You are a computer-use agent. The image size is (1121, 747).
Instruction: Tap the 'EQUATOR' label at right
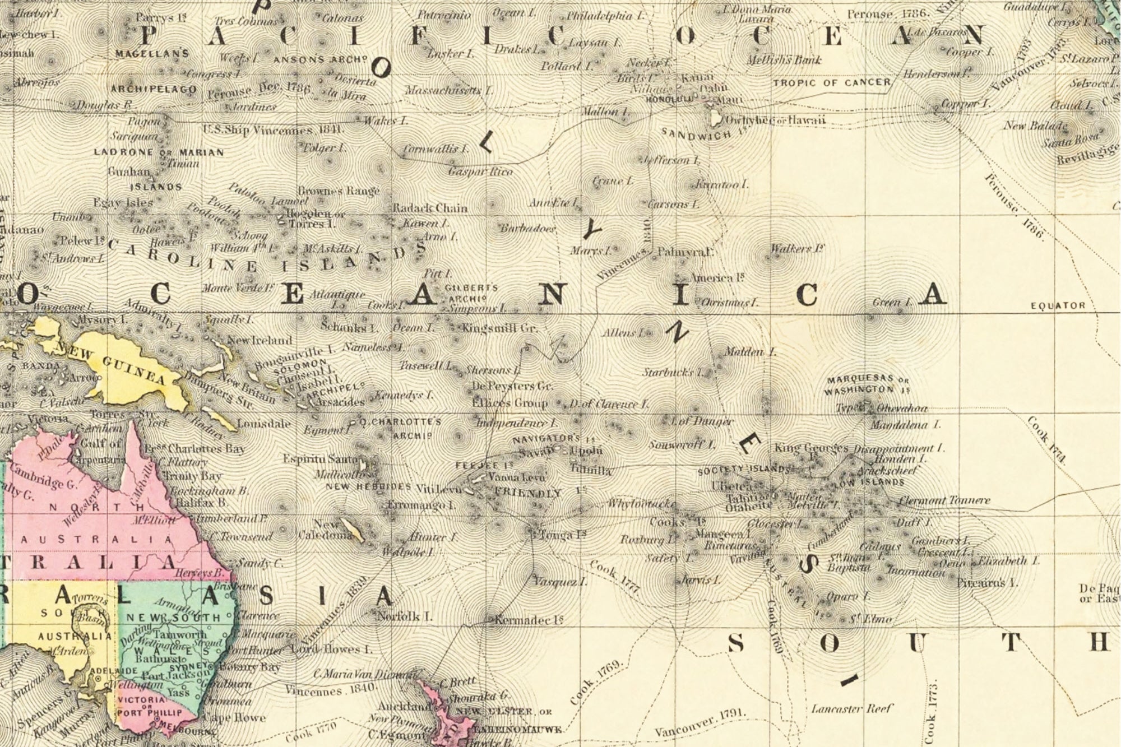(1058, 306)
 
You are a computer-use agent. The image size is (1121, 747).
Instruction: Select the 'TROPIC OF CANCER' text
(832, 83)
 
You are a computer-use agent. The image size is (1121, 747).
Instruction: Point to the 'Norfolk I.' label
(405, 616)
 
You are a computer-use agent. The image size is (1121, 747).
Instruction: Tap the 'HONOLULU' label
(670, 99)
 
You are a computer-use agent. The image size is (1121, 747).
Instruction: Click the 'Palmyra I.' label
(684, 252)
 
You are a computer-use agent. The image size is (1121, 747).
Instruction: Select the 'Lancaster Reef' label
(851, 709)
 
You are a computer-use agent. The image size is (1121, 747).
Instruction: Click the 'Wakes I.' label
(386, 120)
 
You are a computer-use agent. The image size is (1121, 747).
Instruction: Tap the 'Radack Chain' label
(429, 208)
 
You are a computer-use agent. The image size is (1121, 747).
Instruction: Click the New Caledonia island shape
(353, 529)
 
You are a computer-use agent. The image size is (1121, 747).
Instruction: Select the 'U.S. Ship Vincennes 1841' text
(273, 130)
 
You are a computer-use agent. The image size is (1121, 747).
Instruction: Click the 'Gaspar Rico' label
(480, 171)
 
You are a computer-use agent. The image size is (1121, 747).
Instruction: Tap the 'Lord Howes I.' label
(332, 649)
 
